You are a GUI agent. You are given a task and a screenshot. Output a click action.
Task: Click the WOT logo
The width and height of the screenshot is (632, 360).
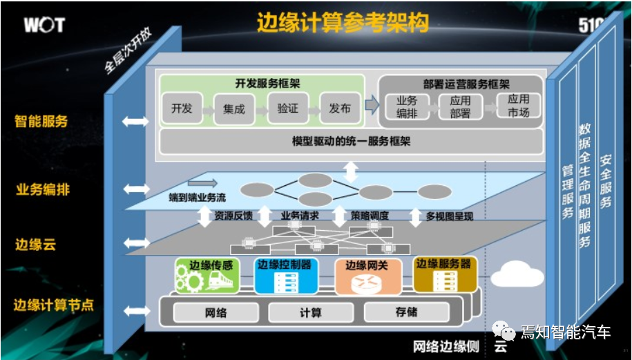pos(44,26)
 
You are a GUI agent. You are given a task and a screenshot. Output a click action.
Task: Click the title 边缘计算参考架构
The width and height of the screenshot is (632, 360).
pos(343,23)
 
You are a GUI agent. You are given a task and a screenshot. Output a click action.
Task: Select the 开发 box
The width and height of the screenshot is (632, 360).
pos(182,108)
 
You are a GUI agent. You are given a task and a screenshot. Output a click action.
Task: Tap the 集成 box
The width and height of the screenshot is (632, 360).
pos(234,109)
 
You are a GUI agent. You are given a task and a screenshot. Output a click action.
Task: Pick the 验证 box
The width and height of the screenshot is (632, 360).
pos(287,108)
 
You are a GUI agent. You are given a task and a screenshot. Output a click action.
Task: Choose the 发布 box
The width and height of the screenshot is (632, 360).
pos(340,108)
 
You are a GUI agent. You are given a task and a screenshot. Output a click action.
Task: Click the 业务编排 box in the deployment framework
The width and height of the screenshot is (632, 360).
pos(407,106)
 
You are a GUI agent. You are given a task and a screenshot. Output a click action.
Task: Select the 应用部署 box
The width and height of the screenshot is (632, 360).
pos(460,106)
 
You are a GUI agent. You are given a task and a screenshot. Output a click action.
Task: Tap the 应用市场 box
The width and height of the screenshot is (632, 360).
pos(519,106)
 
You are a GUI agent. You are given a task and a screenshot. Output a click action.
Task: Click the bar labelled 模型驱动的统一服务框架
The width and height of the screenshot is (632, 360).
pos(351,142)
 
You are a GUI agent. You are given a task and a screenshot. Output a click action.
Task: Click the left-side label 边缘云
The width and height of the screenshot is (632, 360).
pos(36,245)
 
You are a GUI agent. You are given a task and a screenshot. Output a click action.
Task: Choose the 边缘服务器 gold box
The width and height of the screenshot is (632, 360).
pos(445,274)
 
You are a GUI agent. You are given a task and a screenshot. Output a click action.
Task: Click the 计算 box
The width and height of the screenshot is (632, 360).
pos(310,312)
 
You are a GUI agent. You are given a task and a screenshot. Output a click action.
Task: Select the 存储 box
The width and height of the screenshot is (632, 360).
pos(406,312)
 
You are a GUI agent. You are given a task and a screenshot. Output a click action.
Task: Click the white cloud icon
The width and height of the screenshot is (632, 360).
pos(517,275)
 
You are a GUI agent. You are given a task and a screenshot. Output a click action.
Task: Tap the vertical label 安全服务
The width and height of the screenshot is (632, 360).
pos(605,180)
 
